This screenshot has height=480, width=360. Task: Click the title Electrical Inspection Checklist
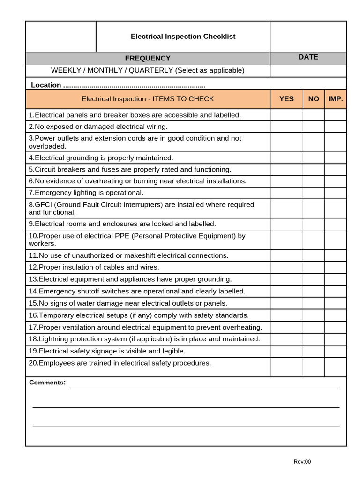tap(183, 37)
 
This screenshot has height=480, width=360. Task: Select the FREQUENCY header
tap(148, 58)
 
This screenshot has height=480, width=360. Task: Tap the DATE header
tap(308, 57)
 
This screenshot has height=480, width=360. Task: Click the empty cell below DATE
tap(308, 71)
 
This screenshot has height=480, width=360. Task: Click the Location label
tap(46, 85)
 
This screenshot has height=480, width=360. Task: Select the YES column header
tap(286, 99)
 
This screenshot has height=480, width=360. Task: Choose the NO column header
tap(314, 99)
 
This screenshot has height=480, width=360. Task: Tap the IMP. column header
tap(336, 99)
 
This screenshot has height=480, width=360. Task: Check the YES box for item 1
tap(286, 115)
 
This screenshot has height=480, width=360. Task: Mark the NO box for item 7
tap(314, 193)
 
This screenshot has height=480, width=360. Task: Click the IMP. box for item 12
tap(336, 267)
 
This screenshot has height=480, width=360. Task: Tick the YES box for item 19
tap(286, 351)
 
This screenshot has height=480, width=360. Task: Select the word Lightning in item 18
tap(54, 339)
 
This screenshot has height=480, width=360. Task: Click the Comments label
tap(47, 382)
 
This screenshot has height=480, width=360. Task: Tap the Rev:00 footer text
tap(302, 462)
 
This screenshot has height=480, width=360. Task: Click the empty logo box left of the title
tap(61, 37)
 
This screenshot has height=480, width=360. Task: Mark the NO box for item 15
tap(314, 303)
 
